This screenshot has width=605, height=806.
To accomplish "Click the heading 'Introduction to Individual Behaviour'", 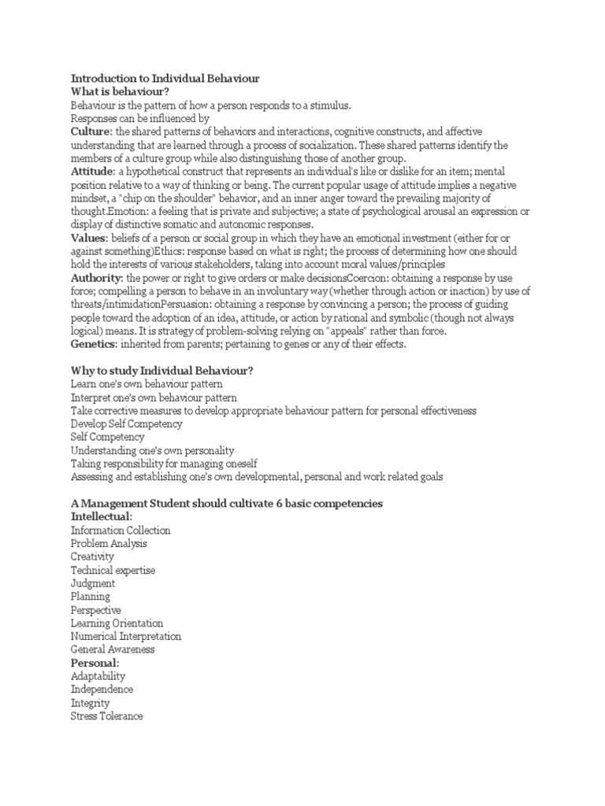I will click(165, 79).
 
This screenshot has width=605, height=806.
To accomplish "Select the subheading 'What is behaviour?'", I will click(121, 92).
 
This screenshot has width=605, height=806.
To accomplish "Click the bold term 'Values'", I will click(87, 238).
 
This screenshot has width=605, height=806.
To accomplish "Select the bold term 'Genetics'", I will click(92, 344).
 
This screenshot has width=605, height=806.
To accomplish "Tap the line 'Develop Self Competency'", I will click(126, 424).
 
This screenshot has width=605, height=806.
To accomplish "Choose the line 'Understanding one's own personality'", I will click(152, 451).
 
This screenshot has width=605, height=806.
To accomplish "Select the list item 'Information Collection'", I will click(120, 531).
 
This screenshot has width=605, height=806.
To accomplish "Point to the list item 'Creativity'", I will click(92, 556).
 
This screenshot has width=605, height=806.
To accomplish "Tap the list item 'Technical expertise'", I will click(113, 570).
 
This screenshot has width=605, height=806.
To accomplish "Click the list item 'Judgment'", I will click(92, 583).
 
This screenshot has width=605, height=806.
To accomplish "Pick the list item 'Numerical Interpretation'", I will click(125, 636).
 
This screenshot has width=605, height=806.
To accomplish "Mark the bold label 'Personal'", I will click(94, 663).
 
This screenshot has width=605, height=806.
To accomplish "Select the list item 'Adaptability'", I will click(98, 676).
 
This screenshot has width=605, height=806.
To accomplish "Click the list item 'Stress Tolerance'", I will click(106, 716).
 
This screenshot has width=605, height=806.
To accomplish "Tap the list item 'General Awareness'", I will click(112, 649).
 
